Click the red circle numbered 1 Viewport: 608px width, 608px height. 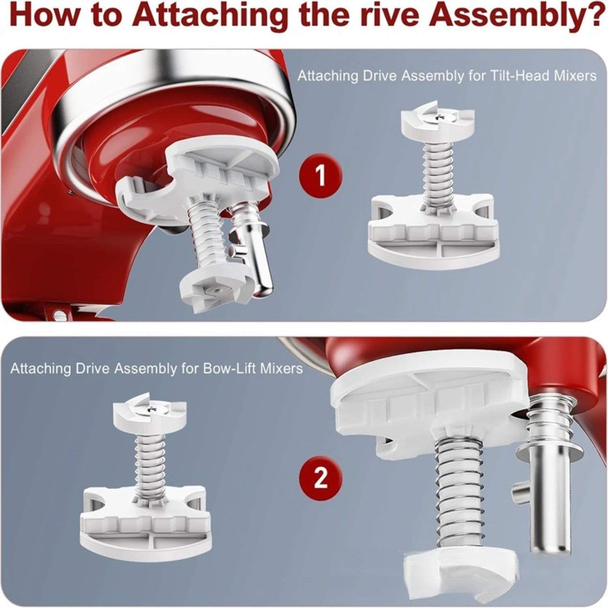[x=320, y=176]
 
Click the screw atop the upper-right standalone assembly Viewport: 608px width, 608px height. [x=439, y=117]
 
